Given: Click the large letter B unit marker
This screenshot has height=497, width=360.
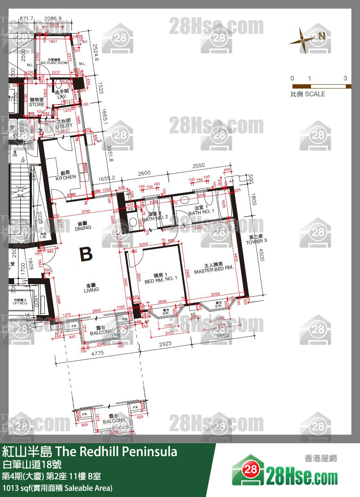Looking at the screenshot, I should tap(86, 255).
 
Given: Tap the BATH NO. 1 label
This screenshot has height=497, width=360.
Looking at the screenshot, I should tap(201, 210).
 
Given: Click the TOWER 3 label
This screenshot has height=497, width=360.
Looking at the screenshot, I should tap(256, 239).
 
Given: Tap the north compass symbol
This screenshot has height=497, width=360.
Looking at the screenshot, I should tap(303, 40).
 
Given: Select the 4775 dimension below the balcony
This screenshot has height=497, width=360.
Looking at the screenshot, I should tap(97, 353).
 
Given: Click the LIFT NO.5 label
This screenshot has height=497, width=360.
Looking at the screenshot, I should tap(20, 302).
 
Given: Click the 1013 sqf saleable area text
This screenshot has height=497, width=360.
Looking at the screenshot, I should tap(57, 488).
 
